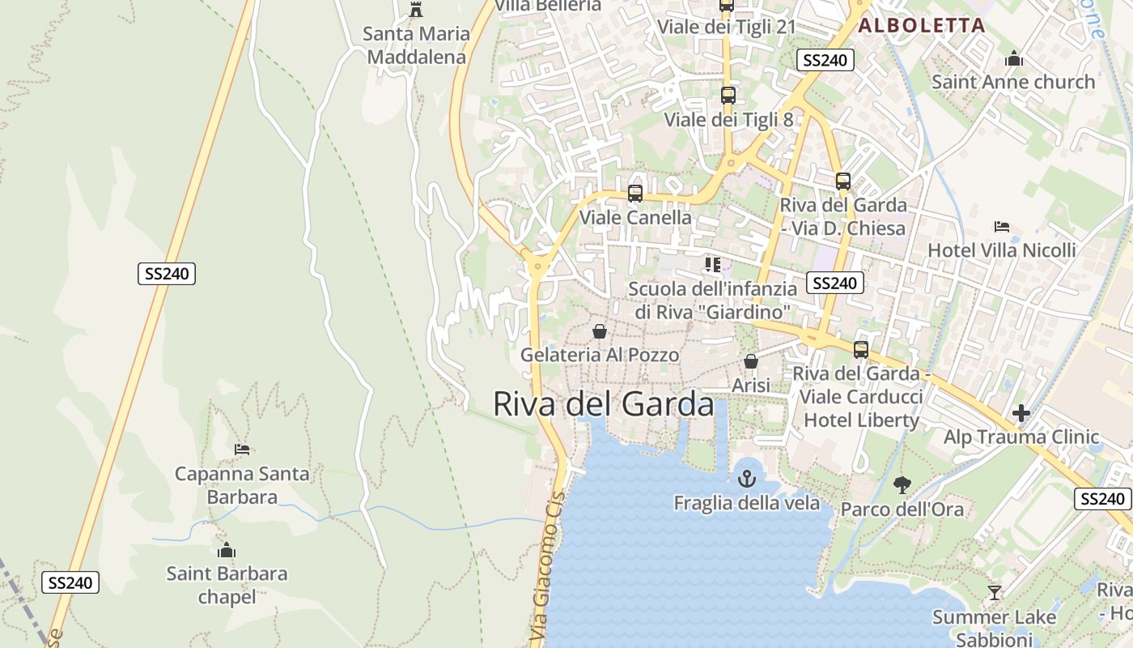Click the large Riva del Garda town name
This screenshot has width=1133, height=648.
point(603,403)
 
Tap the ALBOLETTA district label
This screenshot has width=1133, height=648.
point(921,25)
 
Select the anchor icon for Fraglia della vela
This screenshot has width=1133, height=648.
point(746,479)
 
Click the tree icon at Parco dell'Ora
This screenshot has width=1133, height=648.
point(902,484)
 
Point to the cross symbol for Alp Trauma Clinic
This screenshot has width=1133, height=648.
point(1021,413)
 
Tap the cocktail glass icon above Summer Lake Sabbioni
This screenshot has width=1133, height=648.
point(995,593)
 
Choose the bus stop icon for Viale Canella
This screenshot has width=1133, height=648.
point(635,194)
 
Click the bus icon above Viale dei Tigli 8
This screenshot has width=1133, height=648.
point(728,95)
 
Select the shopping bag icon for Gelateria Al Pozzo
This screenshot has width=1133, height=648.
point(600,331)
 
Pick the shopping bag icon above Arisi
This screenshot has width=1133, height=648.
point(751,361)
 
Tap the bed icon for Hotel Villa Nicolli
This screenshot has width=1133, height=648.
point(1002,227)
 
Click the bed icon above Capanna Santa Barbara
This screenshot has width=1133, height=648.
point(242,449)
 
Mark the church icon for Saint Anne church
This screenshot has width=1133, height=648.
point(1014,58)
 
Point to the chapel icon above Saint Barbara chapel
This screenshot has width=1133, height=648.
point(227,551)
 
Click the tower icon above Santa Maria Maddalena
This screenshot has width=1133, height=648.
point(416,10)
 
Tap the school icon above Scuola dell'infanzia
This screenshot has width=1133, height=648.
point(712,265)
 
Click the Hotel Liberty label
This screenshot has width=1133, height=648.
point(861,420)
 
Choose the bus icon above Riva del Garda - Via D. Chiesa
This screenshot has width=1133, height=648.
point(843,181)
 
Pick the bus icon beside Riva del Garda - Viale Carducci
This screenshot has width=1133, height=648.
point(861,350)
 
